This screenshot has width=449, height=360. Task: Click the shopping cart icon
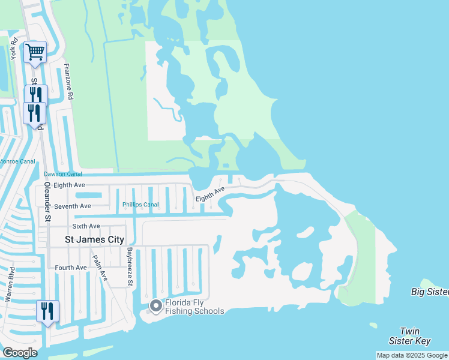tap(35, 52)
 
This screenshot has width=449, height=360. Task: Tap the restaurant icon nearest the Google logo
tap(47, 311)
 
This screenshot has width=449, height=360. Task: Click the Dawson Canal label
tap(62, 174)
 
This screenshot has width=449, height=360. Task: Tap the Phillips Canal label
tap(141, 205)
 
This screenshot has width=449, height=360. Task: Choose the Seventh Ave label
tap(72, 206)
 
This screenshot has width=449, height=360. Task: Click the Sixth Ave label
tap(86, 226)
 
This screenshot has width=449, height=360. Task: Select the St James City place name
tap(95, 240)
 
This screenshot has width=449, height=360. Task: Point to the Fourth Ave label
tap(70, 268)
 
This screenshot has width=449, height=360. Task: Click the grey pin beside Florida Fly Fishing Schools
tap(156, 306)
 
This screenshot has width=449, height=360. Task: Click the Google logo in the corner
tap(20, 353)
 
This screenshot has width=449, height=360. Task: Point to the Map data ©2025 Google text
tap(412, 355)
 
